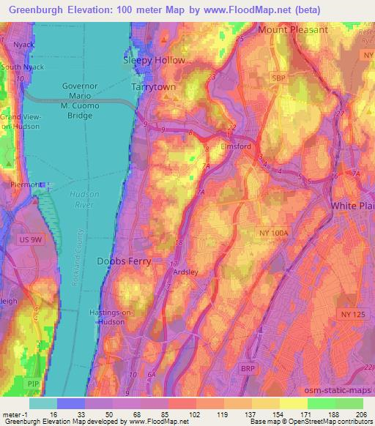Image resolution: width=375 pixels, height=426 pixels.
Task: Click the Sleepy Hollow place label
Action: [154, 60]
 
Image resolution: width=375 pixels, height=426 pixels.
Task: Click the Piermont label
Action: [23, 185]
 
